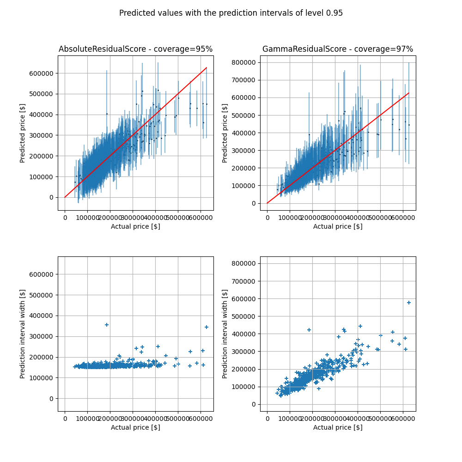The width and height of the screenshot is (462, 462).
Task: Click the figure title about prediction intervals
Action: point(231,13)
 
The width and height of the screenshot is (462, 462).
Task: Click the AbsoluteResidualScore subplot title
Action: point(135,49)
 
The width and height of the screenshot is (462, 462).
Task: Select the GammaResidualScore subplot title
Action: point(338,49)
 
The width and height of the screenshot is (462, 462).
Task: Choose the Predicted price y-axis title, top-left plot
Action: point(23,133)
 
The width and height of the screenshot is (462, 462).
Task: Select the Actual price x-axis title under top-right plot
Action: point(338,226)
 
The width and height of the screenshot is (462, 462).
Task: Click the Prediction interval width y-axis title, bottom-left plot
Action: point(23,334)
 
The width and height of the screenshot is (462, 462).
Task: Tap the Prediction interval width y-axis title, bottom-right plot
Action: point(225,334)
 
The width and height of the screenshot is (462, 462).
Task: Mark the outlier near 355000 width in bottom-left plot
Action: point(107,325)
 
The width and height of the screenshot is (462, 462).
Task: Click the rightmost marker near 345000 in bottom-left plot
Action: point(207,327)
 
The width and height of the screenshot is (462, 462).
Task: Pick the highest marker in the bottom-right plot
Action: point(408,303)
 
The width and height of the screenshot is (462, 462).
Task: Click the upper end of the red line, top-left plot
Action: point(207,67)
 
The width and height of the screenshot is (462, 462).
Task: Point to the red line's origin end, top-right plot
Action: point(267,203)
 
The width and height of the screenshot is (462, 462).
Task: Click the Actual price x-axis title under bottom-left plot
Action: point(135,427)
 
